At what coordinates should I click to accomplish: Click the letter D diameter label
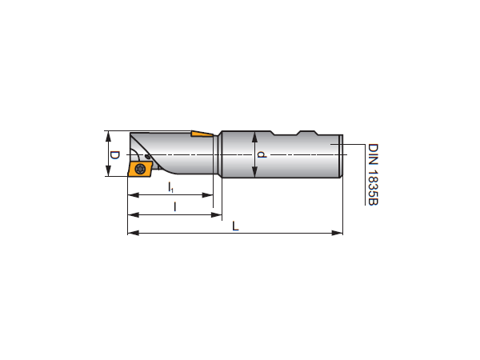click(114, 155)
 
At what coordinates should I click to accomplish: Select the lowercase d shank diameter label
click(262, 154)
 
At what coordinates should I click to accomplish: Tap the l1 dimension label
click(171, 187)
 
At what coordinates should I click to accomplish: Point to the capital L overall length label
click(235, 226)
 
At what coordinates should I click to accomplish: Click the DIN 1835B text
click(373, 174)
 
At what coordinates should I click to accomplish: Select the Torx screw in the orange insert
click(140, 169)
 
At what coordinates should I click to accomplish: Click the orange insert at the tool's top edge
click(202, 134)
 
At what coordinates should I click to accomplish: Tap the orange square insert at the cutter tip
click(139, 170)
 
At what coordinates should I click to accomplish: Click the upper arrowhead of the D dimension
click(108, 136)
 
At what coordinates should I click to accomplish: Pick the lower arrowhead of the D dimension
click(108, 171)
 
